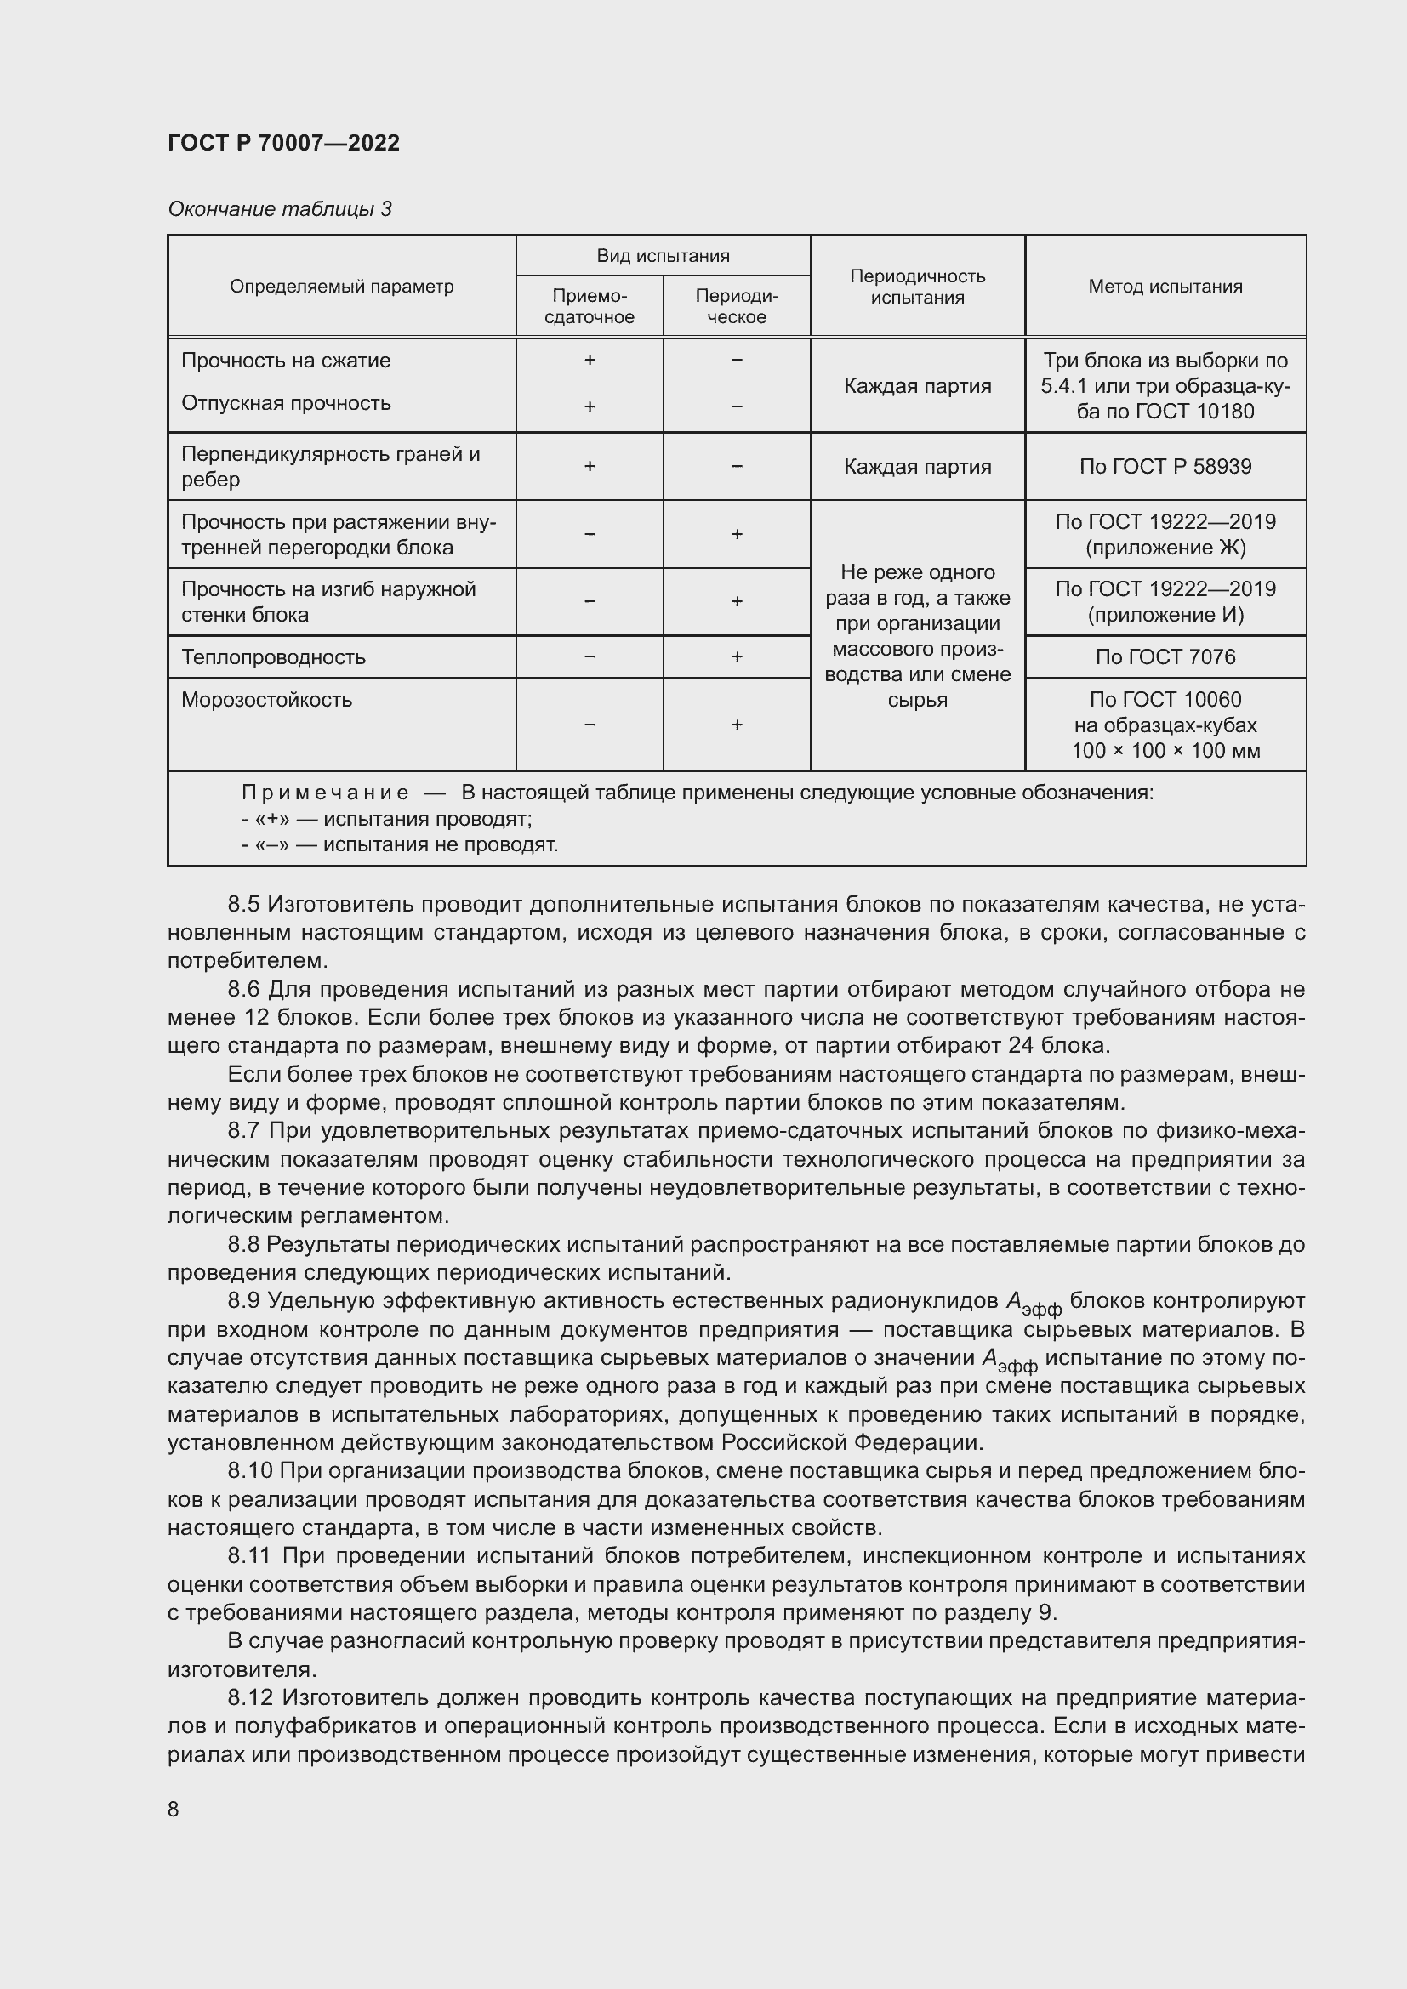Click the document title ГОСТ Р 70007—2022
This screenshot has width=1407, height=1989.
tap(283, 143)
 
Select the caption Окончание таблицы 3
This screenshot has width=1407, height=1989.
tap(280, 209)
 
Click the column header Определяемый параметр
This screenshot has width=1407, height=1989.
tap(341, 287)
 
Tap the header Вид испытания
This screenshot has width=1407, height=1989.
tap(663, 256)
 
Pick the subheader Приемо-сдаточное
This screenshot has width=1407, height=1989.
tap(590, 307)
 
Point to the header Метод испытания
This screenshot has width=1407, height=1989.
tap(1165, 287)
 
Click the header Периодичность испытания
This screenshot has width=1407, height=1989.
tap(918, 287)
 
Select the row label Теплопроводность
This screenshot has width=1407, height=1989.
tap(273, 657)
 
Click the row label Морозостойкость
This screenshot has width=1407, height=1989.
tap(267, 700)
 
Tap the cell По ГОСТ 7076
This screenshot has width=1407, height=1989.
tap(1165, 657)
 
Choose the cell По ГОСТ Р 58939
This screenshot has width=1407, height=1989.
tap(1165, 467)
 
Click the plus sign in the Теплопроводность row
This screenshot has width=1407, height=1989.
tap(737, 657)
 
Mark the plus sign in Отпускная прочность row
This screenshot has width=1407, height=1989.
tap(590, 406)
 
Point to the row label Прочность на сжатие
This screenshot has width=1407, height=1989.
tap(286, 361)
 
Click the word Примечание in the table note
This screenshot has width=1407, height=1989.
tap(325, 793)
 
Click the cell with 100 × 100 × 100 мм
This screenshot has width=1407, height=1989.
tap(1165, 751)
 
